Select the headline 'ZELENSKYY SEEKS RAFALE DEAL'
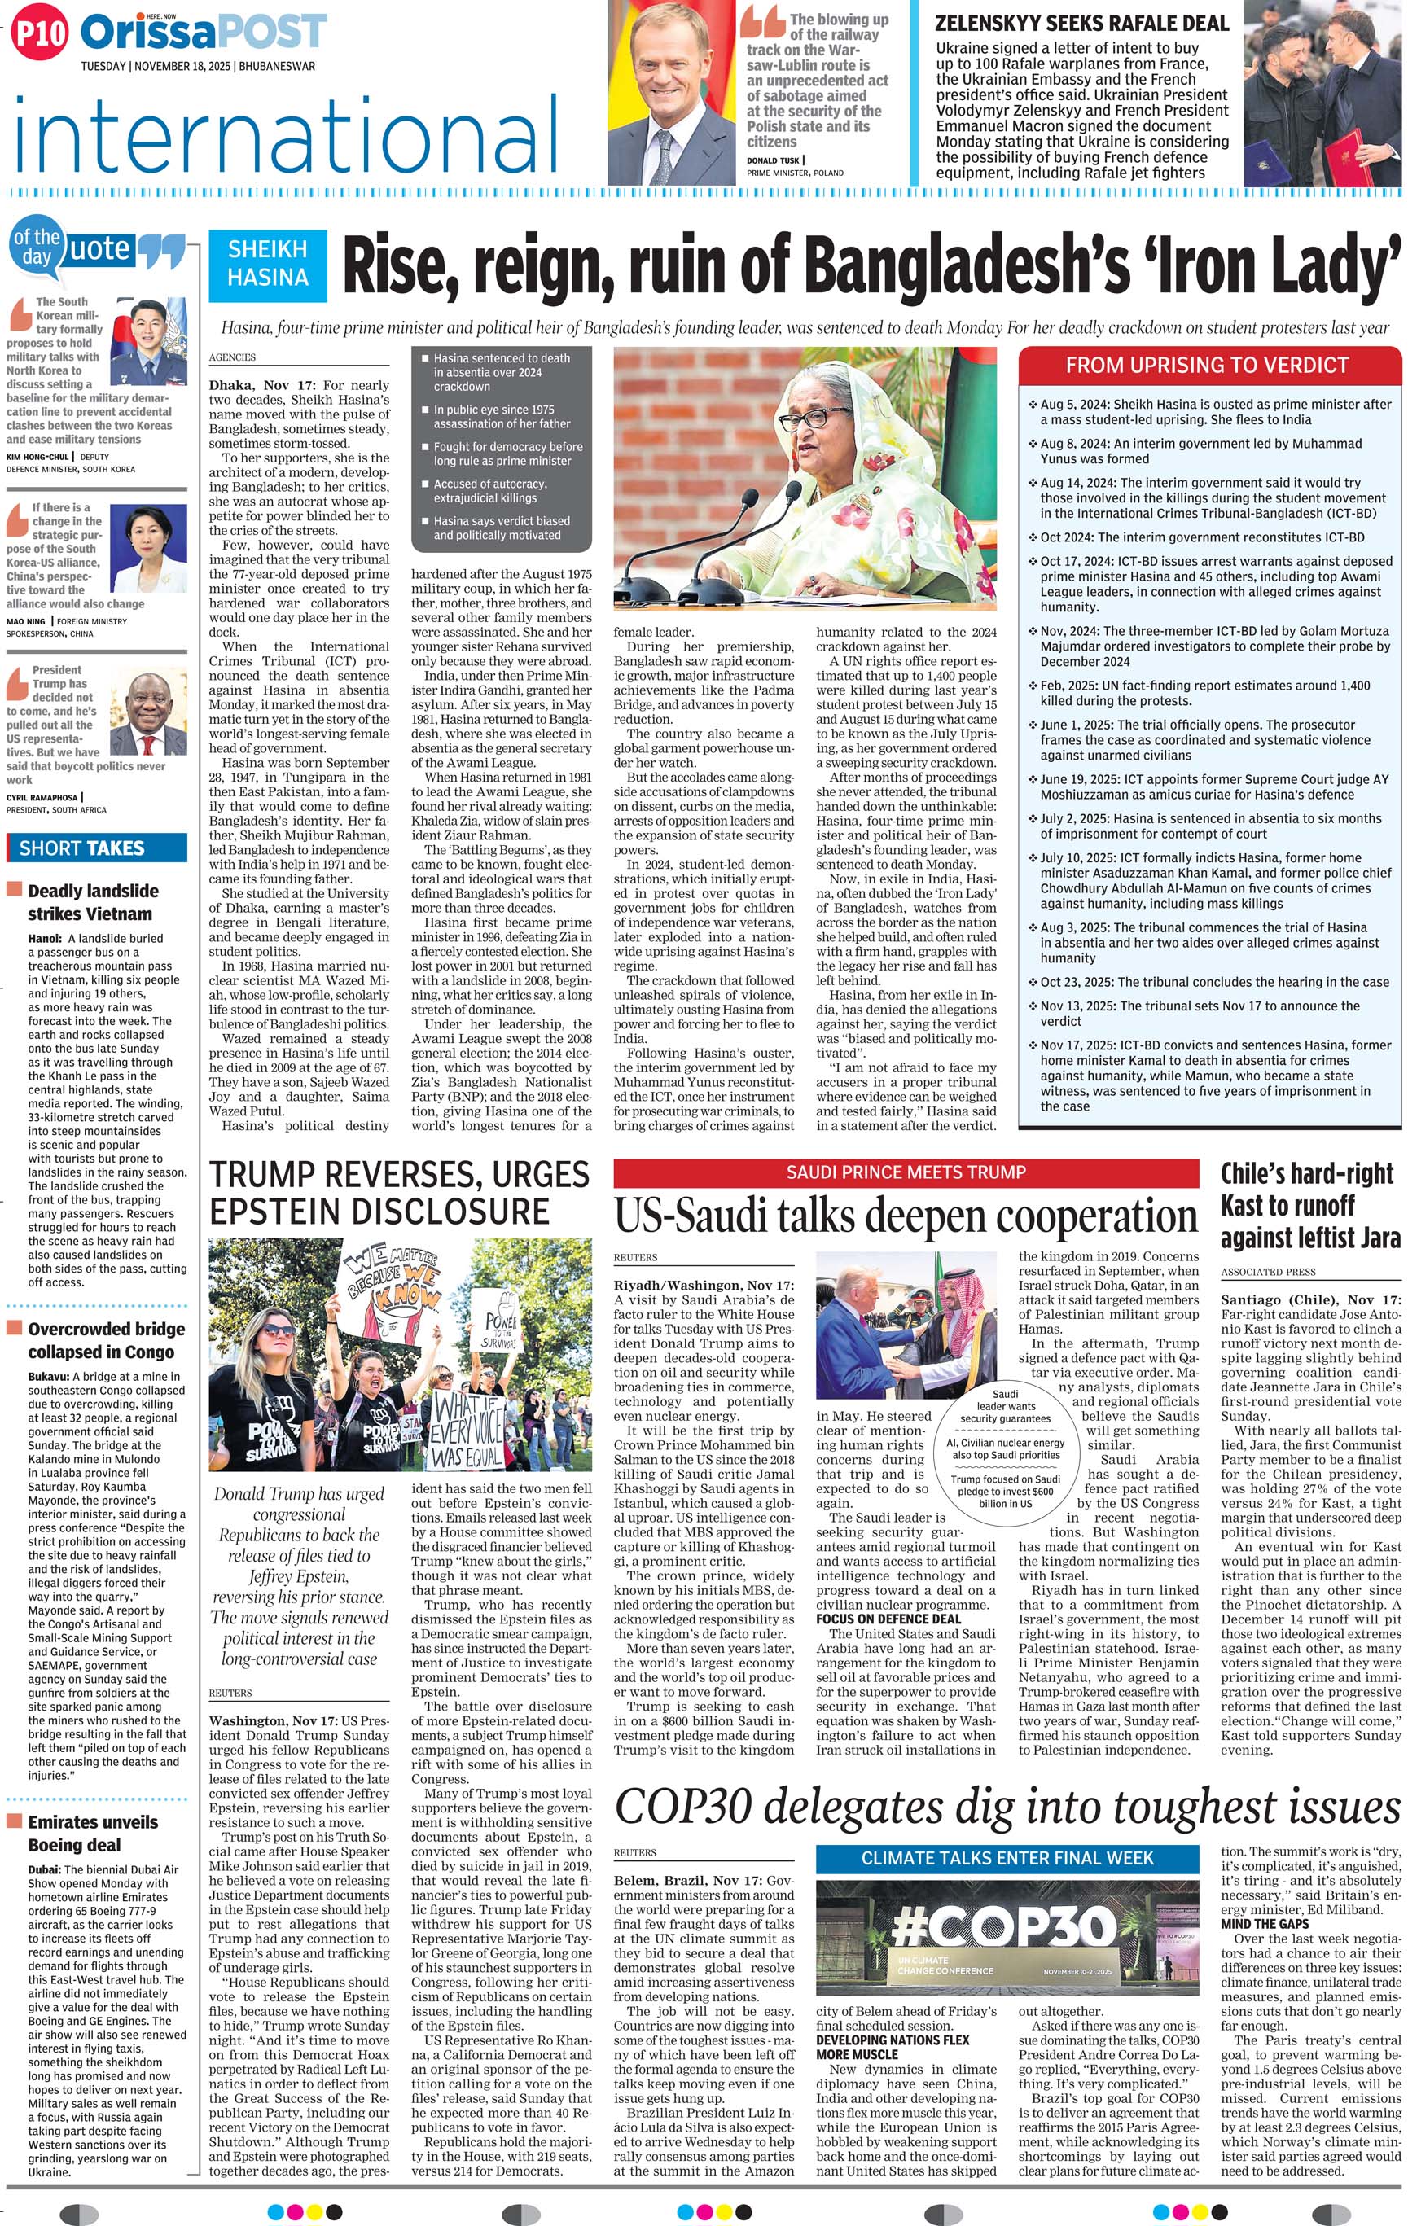(x=1081, y=23)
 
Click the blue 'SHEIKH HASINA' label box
(x=268, y=264)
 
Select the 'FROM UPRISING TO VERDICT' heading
(x=1207, y=365)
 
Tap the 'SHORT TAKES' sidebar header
(x=82, y=848)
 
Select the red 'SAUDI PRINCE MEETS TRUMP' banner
(x=906, y=1172)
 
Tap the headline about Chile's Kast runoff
(x=1310, y=1206)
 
